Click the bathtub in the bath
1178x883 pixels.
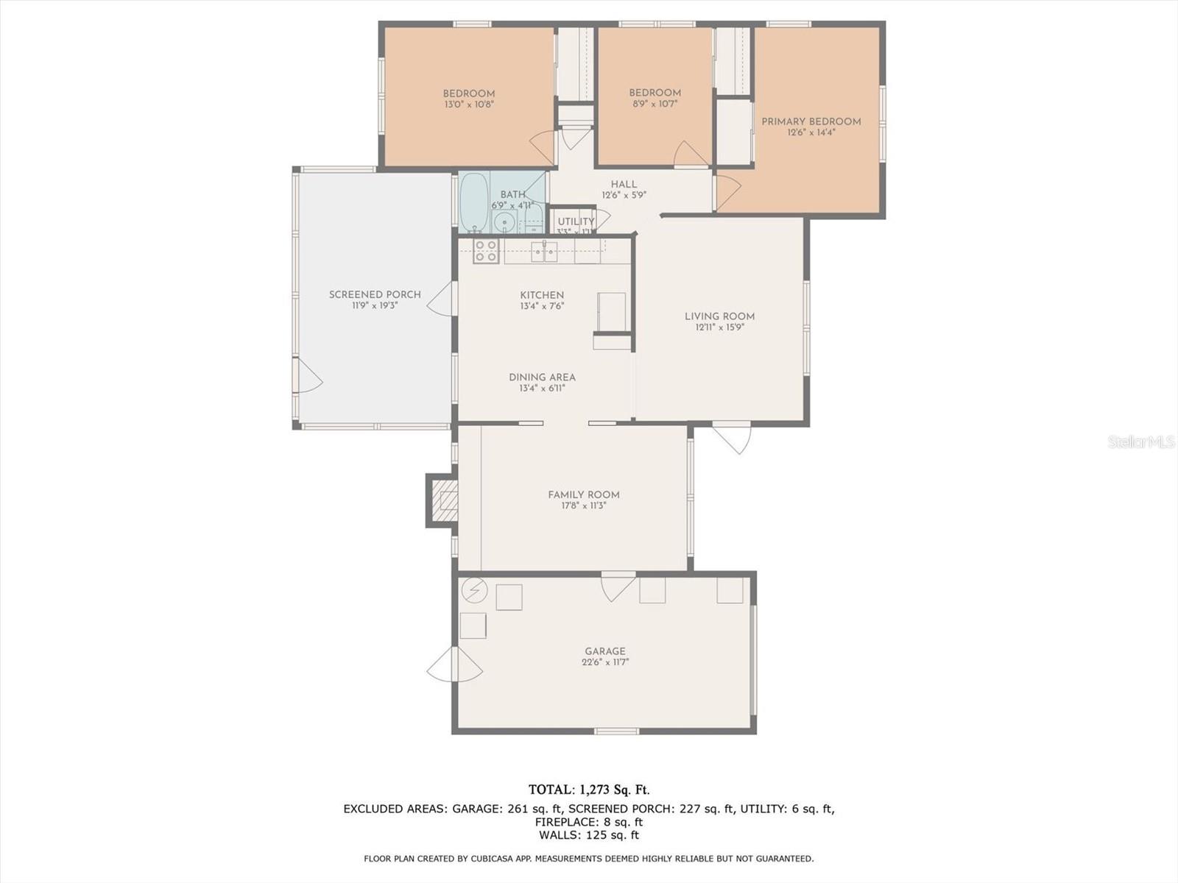pos(473,202)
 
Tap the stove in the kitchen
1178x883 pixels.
pos(486,251)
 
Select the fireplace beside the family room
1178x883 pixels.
pos(443,500)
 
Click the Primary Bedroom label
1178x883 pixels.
pos(811,121)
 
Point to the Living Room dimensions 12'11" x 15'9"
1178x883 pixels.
pos(719,327)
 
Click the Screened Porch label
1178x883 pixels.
pos(375,294)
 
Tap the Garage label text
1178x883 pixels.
pos(605,651)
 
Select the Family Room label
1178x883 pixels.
pos(583,494)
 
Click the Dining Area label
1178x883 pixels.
pos(542,377)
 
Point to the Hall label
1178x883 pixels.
pos(624,185)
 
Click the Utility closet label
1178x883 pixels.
pos(575,221)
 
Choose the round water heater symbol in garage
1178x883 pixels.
pos(473,589)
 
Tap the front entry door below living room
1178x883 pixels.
pos(732,437)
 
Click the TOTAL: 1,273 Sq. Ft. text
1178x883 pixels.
pos(589,790)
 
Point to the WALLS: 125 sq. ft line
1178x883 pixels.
pos(589,835)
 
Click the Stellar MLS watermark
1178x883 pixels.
pos(1141,441)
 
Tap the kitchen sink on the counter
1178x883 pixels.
pos(545,252)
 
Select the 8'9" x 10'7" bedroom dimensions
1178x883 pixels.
pos(654,104)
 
